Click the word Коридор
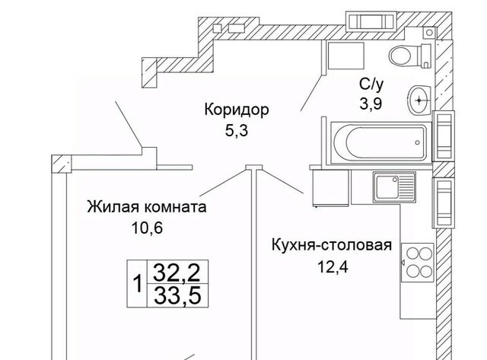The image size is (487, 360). (237, 110)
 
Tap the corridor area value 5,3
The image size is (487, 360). (237, 130)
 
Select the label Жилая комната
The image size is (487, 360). (147, 207)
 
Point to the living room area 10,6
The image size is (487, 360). (147, 228)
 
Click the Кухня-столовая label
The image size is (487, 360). (332, 245)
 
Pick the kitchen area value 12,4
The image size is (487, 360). (333, 266)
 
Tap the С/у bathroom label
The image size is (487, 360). (371, 84)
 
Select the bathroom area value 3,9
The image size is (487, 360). (371, 104)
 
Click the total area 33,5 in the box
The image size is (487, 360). (177, 295)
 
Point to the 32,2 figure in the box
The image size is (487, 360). (177, 272)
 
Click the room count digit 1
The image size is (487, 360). (137, 284)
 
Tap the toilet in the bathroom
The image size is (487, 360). (410, 56)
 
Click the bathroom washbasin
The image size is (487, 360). (419, 100)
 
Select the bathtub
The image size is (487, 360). (381, 142)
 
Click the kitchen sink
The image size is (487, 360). (394, 187)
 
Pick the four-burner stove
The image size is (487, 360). (417, 263)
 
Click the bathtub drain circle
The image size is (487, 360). (418, 142)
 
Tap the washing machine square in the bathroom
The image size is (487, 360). (346, 56)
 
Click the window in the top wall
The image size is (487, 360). (371, 21)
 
